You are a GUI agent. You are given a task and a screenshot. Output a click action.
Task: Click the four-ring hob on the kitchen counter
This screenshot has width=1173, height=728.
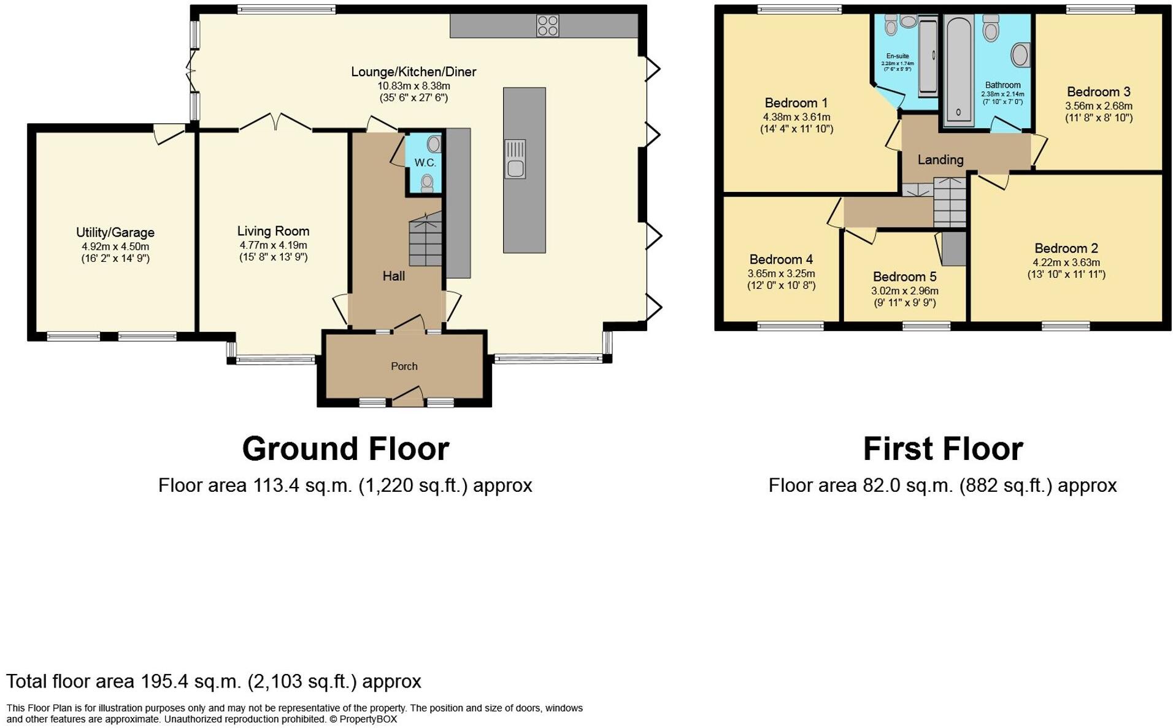(547, 26)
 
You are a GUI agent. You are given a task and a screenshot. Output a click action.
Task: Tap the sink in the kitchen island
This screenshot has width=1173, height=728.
(515, 160)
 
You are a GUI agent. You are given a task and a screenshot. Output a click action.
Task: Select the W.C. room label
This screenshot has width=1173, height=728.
(425, 163)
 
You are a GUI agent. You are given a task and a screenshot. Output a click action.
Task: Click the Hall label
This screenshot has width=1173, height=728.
(393, 276)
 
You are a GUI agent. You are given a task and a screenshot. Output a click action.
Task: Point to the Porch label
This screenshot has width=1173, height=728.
(404, 366)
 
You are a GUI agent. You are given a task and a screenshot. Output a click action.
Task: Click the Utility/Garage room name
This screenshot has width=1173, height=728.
(115, 232)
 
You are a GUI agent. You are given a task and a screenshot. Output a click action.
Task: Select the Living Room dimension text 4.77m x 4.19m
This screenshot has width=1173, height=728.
(273, 245)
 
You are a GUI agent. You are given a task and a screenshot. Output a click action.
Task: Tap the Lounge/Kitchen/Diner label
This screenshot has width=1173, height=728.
(413, 72)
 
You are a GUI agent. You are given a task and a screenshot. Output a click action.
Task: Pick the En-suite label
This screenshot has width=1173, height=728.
(897, 56)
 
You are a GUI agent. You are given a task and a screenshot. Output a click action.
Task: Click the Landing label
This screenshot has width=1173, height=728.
(940, 160)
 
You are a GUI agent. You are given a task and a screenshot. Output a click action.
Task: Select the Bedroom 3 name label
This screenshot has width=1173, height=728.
(1098, 92)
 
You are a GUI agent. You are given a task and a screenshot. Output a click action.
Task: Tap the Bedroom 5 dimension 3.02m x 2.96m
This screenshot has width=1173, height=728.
(904, 291)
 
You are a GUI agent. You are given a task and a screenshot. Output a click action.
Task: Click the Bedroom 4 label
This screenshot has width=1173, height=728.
(780, 259)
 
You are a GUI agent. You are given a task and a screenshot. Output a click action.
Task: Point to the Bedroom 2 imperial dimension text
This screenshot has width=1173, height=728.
(1066, 275)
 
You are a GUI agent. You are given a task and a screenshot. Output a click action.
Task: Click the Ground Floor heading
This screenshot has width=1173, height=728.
(345, 449)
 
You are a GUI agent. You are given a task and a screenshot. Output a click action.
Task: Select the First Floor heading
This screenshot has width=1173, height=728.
(942, 449)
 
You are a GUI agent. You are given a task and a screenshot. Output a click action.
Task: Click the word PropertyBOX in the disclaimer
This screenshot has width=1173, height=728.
(368, 719)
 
